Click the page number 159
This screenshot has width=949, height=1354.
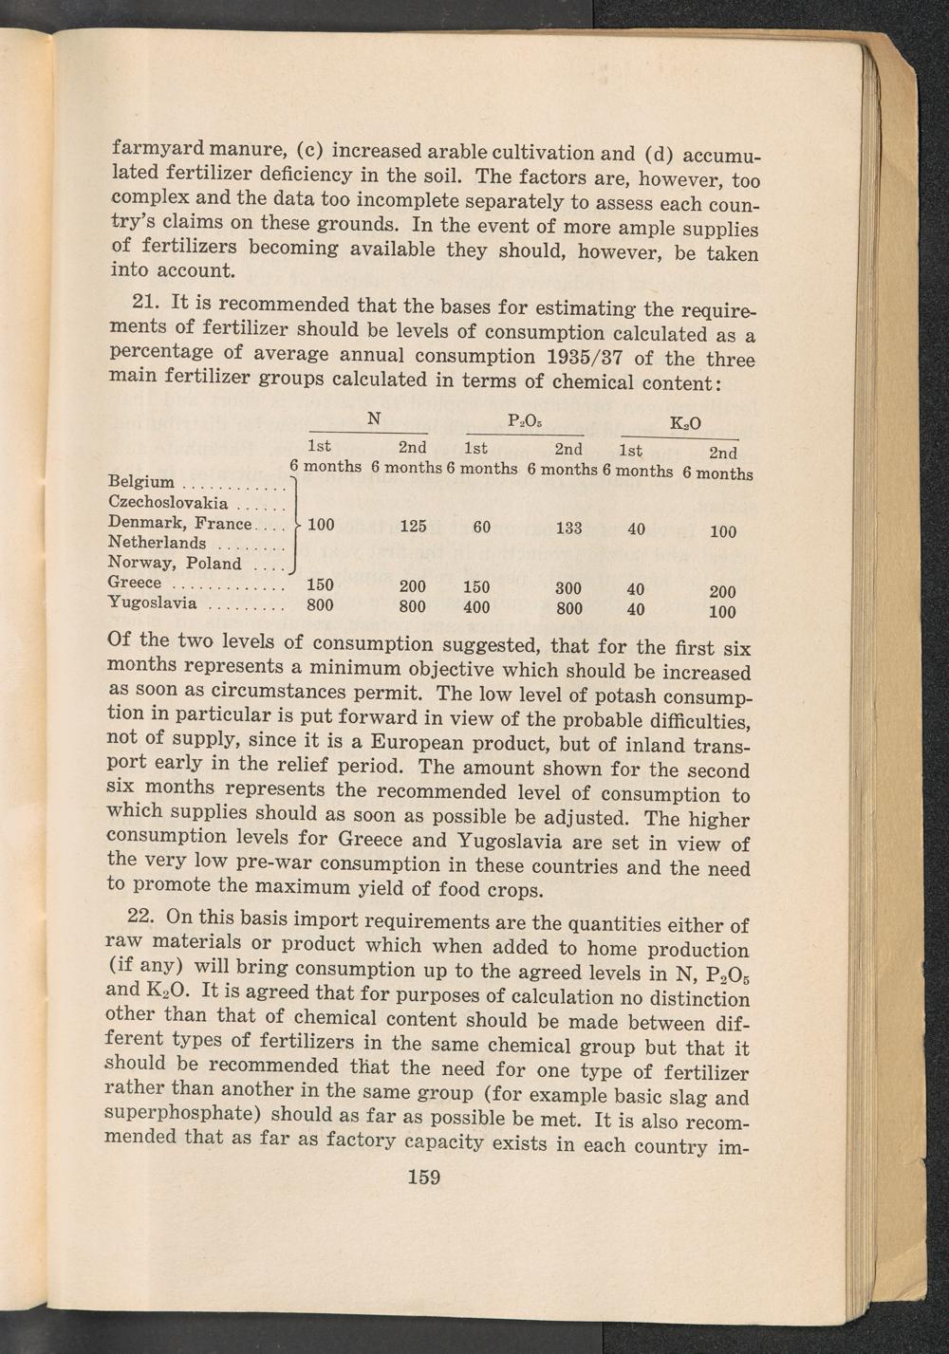pos(423,1178)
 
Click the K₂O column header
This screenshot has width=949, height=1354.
pos(685,424)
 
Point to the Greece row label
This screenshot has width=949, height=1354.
pos(135,583)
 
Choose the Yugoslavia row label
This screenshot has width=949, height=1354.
pos(153,603)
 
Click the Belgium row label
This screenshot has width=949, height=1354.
pos(141,482)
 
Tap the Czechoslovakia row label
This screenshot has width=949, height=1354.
pos(168,502)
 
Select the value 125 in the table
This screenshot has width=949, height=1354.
pos(413,526)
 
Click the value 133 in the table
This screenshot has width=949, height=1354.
pos(568,528)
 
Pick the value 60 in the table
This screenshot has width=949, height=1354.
pos(482,526)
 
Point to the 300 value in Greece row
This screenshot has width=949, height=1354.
pos(568,588)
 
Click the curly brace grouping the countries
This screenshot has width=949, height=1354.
pos(297,523)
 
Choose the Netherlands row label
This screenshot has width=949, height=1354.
pos(157,543)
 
